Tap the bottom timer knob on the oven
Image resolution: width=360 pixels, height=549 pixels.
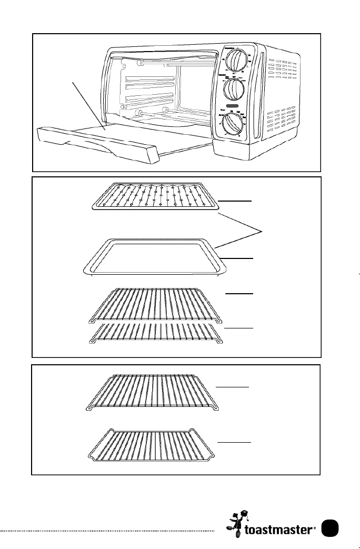coord(232,126)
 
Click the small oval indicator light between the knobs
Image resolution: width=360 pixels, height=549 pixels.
coord(230,107)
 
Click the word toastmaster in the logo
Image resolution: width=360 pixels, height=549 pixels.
coord(284,529)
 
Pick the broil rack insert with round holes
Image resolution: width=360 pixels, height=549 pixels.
coord(154,197)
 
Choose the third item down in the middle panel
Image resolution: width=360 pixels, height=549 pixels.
coord(154,305)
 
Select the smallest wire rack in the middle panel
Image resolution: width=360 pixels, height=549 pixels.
coord(154,333)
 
